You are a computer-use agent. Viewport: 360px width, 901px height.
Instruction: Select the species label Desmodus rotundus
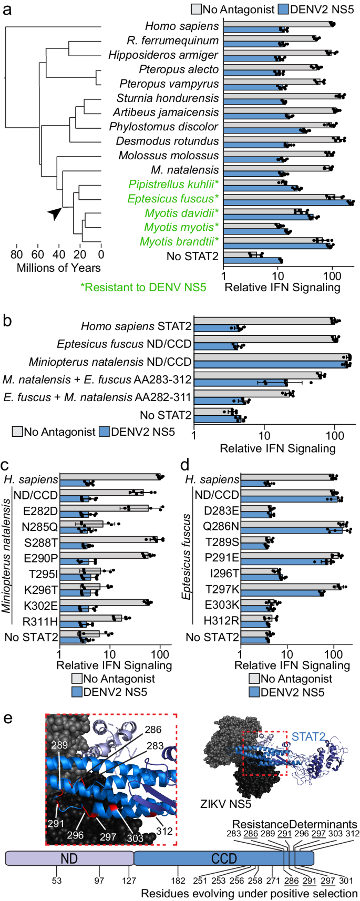[x=167, y=141]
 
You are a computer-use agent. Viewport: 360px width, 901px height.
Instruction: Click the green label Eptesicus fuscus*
[x=173, y=199]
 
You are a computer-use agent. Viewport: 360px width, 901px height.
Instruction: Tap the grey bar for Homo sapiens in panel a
[x=277, y=24]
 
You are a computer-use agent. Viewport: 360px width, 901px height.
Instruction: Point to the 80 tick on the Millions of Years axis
[x=16, y=255]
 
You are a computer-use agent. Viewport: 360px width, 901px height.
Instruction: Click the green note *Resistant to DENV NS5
[x=143, y=287]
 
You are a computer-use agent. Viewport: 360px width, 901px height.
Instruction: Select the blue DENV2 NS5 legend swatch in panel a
[x=283, y=9]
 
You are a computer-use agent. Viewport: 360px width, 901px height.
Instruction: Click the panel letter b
[x=7, y=320]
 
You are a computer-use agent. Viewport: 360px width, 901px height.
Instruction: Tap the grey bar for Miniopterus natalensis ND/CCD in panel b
[x=271, y=357]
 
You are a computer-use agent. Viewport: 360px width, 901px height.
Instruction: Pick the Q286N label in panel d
[x=221, y=526]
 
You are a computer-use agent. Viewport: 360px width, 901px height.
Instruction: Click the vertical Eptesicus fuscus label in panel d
[x=186, y=557]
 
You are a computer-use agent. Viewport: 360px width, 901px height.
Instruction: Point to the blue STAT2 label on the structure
[x=308, y=737]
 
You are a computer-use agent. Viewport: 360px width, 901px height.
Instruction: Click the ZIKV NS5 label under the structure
[x=225, y=804]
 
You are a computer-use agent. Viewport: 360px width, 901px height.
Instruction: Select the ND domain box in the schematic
[x=69, y=858]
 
